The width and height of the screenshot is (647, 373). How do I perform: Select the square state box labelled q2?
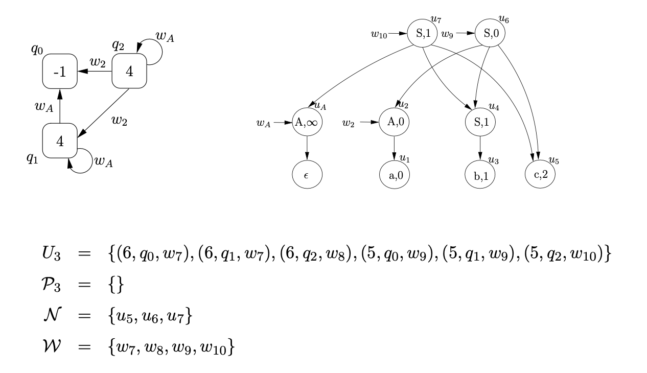click(x=129, y=72)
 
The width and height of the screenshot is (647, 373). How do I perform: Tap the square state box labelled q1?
click(x=60, y=141)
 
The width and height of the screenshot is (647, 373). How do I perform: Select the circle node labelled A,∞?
click(x=307, y=123)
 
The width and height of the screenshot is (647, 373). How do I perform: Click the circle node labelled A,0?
click(x=395, y=123)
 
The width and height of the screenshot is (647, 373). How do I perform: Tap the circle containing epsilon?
click(x=307, y=176)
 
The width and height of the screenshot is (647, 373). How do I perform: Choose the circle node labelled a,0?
click(x=395, y=176)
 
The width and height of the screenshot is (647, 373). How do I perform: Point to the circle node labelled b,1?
click(x=480, y=176)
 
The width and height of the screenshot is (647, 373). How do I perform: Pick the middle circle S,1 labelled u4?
click(x=480, y=123)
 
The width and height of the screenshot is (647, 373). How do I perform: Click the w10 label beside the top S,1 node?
click(x=379, y=35)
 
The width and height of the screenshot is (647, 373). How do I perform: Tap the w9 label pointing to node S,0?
click(x=447, y=35)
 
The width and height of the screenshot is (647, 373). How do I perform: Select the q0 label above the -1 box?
click(x=36, y=50)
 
